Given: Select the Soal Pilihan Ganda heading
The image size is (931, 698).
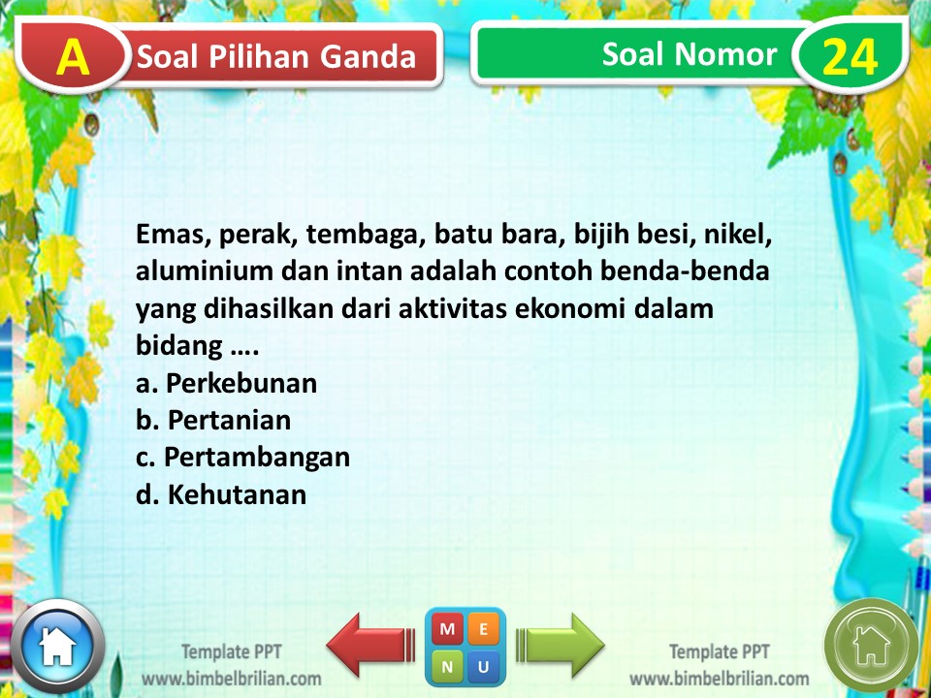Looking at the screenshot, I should coord(277,57).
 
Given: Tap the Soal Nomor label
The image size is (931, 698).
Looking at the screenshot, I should coord(689,54).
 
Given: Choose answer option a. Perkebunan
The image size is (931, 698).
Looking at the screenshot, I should coord(227,383).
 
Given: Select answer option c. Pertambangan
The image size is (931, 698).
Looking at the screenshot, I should coord(243,457).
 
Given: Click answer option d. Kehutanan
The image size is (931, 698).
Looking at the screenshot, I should coord(221,494).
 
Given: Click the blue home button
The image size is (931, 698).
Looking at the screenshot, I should coord(57,645).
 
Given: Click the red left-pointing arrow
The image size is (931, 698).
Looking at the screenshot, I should coord(369,644).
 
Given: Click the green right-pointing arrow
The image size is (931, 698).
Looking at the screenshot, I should coord(562,644).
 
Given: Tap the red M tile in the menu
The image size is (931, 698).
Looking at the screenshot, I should coord(447,629).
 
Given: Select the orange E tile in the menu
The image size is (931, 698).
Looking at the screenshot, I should coord(484,629).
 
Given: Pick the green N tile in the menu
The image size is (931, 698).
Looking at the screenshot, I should coord(447,666).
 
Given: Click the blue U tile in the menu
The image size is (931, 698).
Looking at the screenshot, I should coord(484,666).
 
